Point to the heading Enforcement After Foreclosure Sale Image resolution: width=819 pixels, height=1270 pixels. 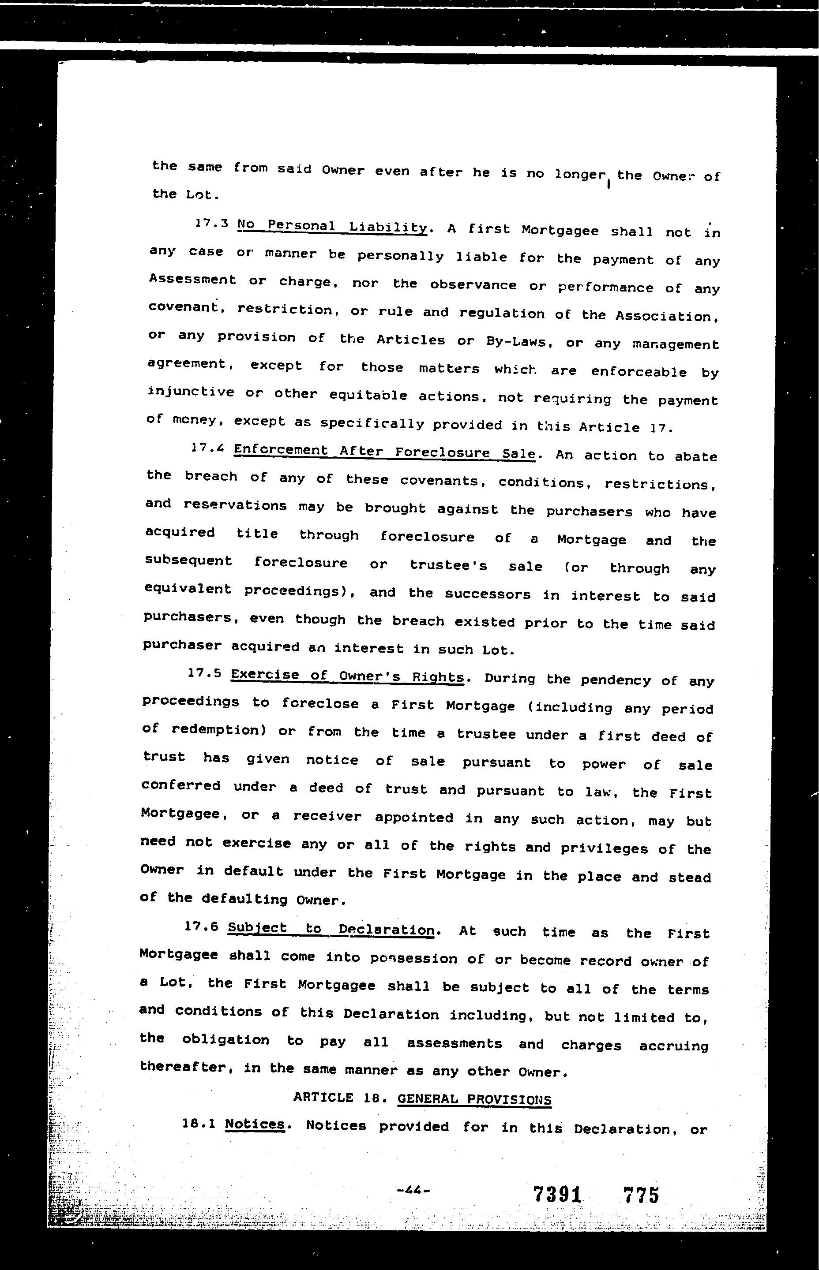pos(384,452)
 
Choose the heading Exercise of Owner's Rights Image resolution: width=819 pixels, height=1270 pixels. pos(348,676)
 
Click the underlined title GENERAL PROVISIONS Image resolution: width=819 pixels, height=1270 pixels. pos(474,1099)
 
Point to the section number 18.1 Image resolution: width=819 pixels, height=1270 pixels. pos(199,1124)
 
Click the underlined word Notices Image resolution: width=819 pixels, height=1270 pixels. pos(255,1124)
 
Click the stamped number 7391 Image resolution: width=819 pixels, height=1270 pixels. pos(557,1195)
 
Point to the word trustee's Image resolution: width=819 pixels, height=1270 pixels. pos(448,565)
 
